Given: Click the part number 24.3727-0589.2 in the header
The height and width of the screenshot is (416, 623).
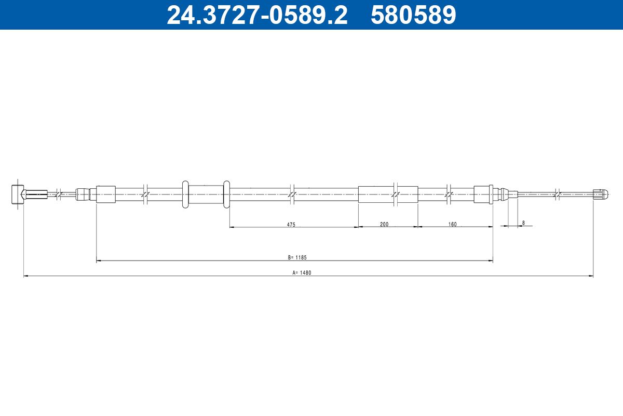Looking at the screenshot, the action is pyautogui.click(x=257, y=15).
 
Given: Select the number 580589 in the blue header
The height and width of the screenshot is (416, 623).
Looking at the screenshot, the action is pyautogui.click(x=413, y=15).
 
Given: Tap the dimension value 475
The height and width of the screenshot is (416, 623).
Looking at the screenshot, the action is pyautogui.click(x=291, y=225).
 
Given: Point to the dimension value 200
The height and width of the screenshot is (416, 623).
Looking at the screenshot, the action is pyautogui.click(x=384, y=224).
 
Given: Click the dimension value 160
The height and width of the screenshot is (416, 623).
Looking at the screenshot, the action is pyautogui.click(x=453, y=224).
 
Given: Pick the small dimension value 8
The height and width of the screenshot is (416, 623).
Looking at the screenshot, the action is pyautogui.click(x=523, y=223).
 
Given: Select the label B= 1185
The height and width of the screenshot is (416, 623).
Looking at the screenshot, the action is pyautogui.click(x=297, y=257).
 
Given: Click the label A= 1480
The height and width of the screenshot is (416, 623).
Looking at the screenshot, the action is pyautogui.click(x=302, y=273).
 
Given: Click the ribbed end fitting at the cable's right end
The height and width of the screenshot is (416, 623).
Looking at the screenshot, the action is pyautogui.click(x=600, y=194).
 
